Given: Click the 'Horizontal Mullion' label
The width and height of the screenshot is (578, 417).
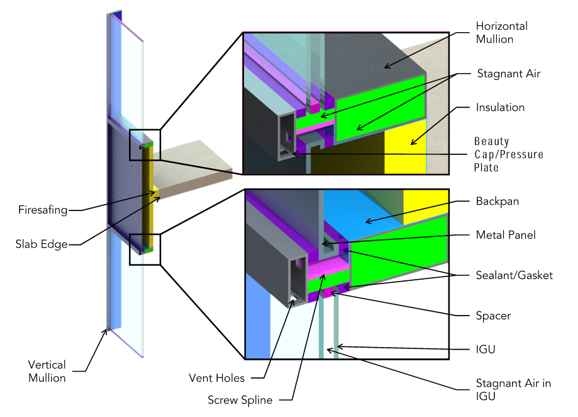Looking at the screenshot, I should coord(501,33).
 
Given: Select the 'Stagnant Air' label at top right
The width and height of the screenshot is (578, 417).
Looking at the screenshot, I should coord(508,74).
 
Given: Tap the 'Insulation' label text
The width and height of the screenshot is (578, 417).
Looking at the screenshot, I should coord(500,108).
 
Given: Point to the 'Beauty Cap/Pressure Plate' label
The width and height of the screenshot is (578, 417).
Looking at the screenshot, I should coord(508,154).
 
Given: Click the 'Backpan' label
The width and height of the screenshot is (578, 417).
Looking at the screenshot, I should coord(496,202).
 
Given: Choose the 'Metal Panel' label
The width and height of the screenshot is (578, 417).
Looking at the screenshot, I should coord(506,235).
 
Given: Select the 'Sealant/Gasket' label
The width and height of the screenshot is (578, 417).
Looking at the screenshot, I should coord(514,275).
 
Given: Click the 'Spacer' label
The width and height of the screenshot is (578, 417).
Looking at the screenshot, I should coord(492,316).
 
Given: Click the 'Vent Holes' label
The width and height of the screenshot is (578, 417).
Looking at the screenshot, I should coord(216,379).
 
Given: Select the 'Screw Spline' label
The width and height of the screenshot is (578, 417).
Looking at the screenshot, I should coord(240,400).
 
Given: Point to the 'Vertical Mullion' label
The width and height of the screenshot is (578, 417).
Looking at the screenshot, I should coord(47,371).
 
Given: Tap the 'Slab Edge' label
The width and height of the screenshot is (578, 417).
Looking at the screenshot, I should coord(41,244).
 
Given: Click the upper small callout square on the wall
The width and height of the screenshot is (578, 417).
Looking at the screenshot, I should coord(145,145).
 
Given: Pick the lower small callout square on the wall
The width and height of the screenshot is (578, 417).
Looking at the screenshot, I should coord(145,249).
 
